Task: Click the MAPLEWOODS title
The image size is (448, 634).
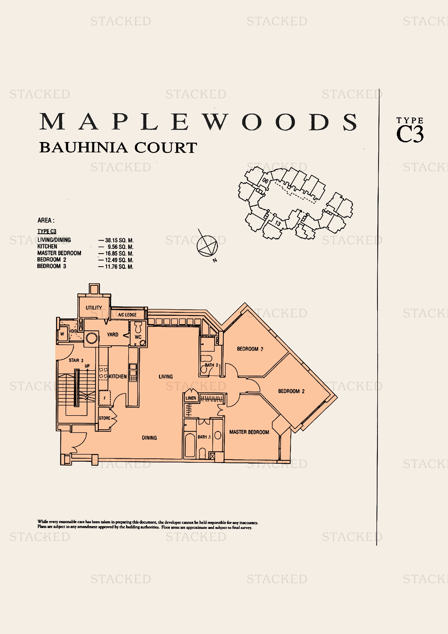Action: tap(198, 122)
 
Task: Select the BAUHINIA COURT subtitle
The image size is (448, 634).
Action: tap(118, 147)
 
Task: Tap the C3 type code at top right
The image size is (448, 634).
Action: tap(410, 134)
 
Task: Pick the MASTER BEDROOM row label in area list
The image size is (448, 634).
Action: tap(59, 253)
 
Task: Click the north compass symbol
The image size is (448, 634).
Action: tap(207, 246)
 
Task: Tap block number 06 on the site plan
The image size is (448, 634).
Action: tap(265, 181)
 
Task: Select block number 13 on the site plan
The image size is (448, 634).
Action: tap(278, 223)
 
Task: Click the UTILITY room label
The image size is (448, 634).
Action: tap(94, 308)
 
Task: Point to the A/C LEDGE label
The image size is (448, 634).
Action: tap(127, 315)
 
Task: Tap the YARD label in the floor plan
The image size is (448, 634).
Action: tap(113, 335)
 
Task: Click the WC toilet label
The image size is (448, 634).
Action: tap(138, 337)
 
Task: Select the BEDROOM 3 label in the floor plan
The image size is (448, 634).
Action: tap(250, 349)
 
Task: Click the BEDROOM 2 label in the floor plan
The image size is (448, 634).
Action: tap(291, 391)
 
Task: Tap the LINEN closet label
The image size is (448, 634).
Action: tap(191, 398)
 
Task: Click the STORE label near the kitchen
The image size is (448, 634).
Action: tap(105, 418)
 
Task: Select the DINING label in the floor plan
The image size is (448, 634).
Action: tap(149, 438)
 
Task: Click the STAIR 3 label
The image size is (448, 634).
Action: tap(76, 360)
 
